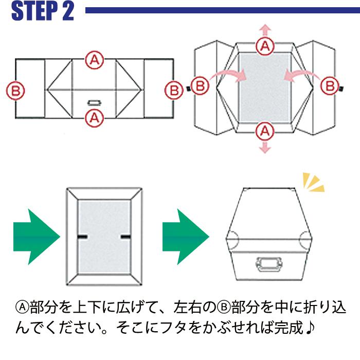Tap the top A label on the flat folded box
[x=94, y=59]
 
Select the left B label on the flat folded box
[x=16, y=91]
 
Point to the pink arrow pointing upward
[x=265, y=29]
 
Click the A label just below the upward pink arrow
[x=265, y=46]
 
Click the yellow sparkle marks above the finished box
[x=313, y=183]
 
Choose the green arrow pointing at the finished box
[x=186, y=237]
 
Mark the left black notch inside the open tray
[x=82, y=236]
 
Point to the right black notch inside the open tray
[x=125, y=236]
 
